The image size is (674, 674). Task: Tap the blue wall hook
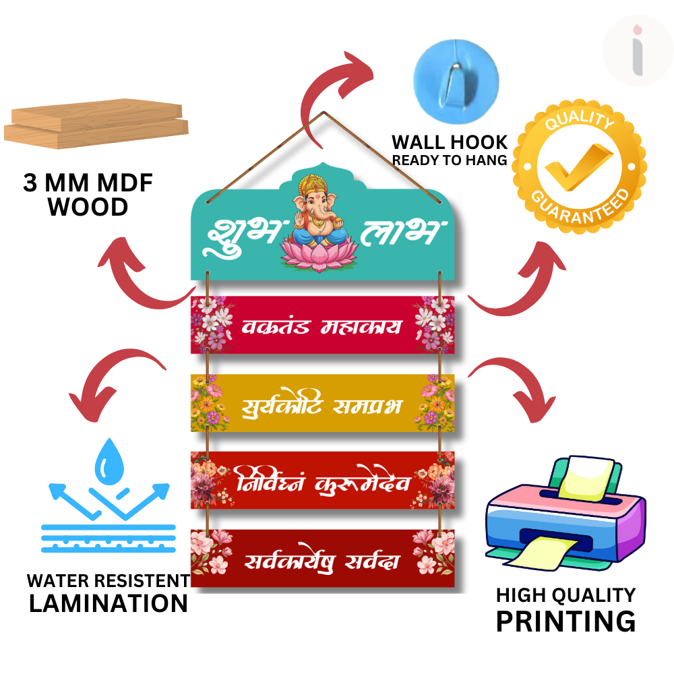(x=456, y=78)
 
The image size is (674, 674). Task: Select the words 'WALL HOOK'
(x=450, y=142)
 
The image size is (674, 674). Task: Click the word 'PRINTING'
(x=565, y=621)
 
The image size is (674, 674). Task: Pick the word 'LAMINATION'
(x=108, y=603)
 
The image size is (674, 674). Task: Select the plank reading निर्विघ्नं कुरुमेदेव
(x=322, y=481)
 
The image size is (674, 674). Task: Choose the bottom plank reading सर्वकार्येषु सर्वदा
(x=322, y=559)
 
